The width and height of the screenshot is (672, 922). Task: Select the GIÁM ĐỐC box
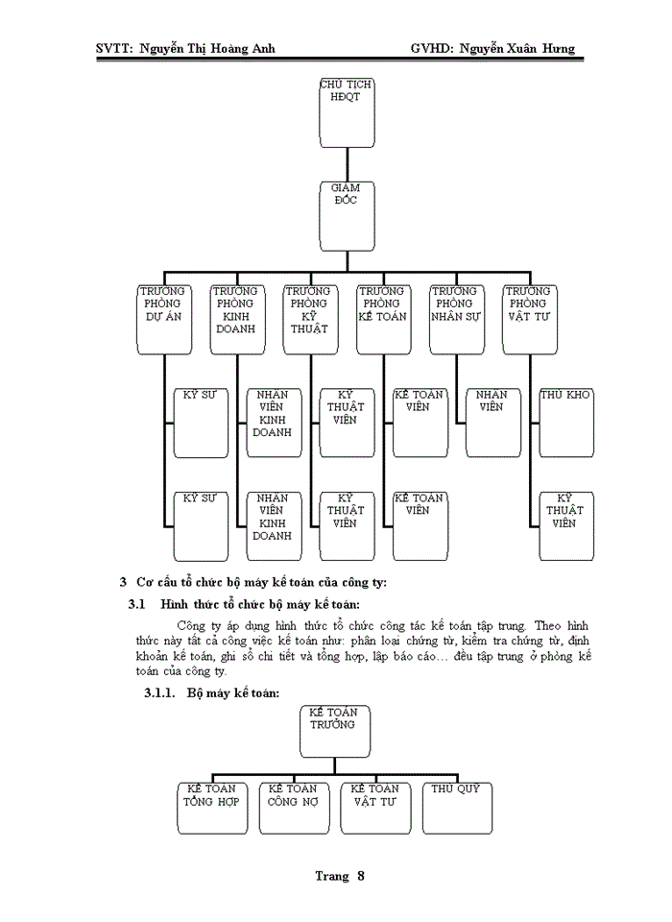346,215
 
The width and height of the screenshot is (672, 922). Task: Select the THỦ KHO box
566,422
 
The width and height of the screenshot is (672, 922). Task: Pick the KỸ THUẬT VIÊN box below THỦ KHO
566,525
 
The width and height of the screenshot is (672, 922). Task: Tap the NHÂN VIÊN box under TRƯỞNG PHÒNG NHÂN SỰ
492,422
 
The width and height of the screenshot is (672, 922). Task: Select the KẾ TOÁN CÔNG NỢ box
292,808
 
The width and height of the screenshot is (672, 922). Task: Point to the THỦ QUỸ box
456,808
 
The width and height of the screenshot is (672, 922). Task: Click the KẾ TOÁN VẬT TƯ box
374,808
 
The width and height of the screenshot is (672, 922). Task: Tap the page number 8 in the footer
361,876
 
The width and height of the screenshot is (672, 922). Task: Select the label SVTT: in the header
114,48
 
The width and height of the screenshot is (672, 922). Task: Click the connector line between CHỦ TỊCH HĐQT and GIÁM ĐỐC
346,163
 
